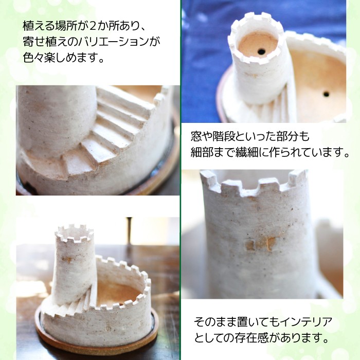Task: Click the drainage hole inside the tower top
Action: point(261,51)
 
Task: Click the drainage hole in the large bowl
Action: point(326,94)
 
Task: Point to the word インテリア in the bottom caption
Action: point(307,322)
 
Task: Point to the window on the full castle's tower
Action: point(67,259)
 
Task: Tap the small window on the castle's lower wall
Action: point(108,329)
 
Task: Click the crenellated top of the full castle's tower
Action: point(74,233)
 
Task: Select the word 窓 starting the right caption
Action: point(196,136)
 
